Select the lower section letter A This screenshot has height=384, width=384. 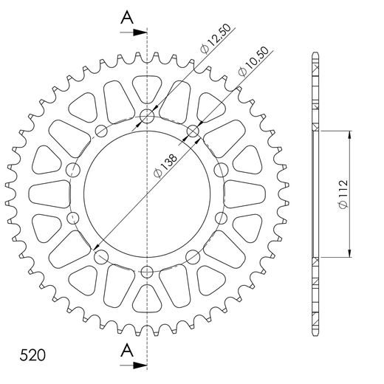(x=128, y=349)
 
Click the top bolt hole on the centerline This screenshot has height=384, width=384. (x=147, y=116)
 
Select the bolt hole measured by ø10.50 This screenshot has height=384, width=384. (x=193, y=132)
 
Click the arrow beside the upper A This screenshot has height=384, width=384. (x=133, y=33)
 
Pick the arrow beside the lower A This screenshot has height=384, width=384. (x=133, y=364)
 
